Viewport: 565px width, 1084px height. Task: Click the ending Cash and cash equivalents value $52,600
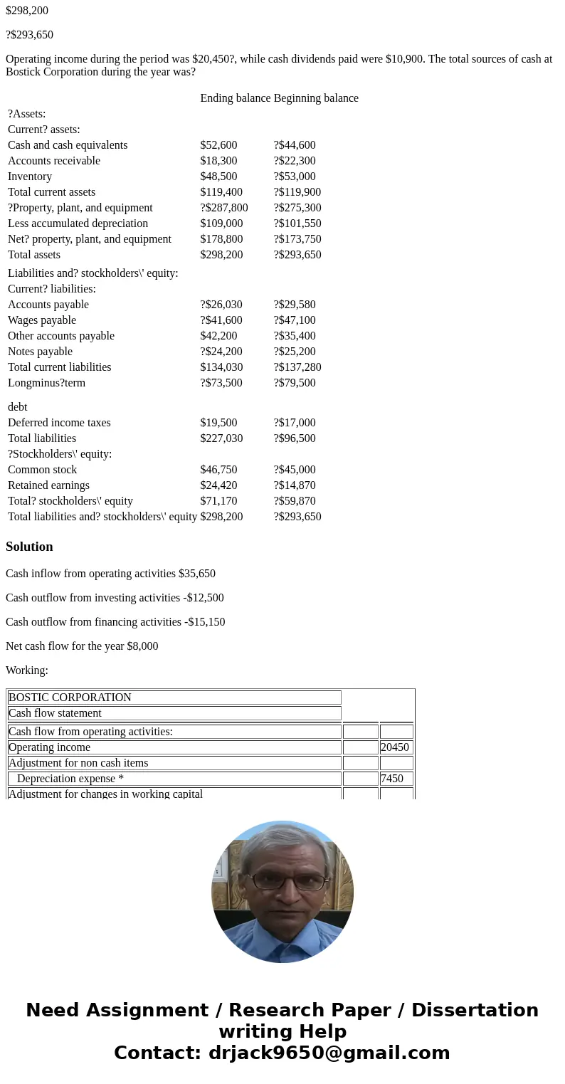tap(218, 145)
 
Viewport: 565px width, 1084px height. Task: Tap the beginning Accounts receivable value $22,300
tap(295, 161)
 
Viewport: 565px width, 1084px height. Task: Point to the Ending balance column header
tap(235, 98)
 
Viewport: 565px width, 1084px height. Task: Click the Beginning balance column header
tap(316, 98)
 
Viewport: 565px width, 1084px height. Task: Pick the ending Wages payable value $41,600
tap(221, 320)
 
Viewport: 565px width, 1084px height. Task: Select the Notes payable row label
tap(41, 352)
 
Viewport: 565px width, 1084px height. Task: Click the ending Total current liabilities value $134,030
tap(221, 367)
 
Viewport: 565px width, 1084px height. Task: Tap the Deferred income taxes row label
tap(59, 423)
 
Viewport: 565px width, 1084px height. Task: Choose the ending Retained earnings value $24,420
tap(218, 485)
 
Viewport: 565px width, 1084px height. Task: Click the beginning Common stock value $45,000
tap(295, 470)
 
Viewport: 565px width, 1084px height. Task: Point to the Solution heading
tap(29, 547)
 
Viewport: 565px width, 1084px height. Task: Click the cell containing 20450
tap(396, 747)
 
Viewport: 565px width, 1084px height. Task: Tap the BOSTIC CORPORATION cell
tap(70, 698)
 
